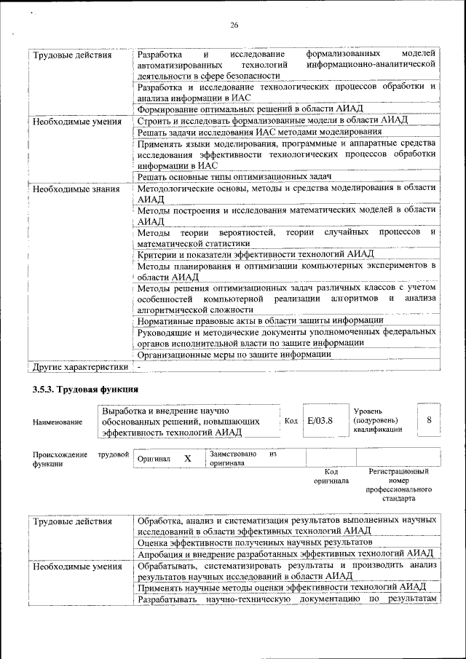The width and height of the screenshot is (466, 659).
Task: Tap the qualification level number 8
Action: point(429,420)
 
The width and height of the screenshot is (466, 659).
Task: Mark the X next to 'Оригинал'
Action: point(187,459)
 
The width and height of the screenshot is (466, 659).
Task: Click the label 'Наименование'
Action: point(58,422)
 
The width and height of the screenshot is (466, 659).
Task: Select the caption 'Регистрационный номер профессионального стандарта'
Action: point(399,485)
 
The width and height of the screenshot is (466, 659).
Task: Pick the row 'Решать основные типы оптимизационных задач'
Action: point(234,177)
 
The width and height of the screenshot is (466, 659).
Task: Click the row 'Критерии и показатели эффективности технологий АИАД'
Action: point(255,254)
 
